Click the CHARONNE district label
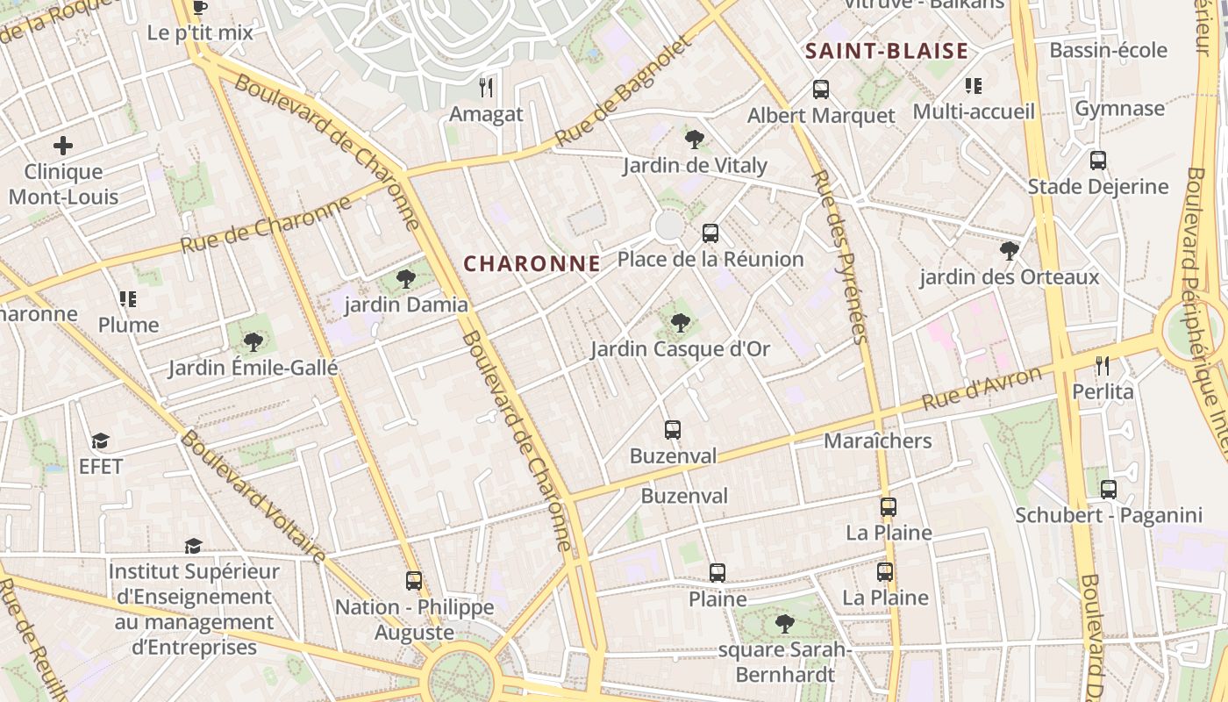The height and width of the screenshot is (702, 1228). (532, 263)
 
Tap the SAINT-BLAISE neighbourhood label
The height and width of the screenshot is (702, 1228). (887, 51)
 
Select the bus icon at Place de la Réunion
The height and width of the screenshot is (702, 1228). (710, 233)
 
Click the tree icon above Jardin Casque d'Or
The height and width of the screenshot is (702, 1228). (680, 323)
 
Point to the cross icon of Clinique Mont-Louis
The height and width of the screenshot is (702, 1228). (63, 146)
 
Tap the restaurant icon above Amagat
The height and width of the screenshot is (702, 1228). (486, 87)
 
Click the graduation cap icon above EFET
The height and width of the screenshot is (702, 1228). (101, 441)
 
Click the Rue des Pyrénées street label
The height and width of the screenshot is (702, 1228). (839, 256)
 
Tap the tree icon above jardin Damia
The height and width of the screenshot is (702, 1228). (405, 279)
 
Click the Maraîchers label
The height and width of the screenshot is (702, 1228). (877, 441)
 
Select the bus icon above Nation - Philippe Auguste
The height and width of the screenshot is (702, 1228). (414, 580)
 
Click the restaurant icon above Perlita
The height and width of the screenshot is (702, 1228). (1103, 365)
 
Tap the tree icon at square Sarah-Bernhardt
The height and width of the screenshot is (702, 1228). (784, 624)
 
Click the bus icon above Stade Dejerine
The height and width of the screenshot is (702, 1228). (1098, 161)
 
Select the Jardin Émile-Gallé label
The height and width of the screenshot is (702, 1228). (253, 368)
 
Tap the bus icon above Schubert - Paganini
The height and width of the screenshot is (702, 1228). (1109, 489)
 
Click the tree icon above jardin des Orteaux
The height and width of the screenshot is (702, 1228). (1010, 251)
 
